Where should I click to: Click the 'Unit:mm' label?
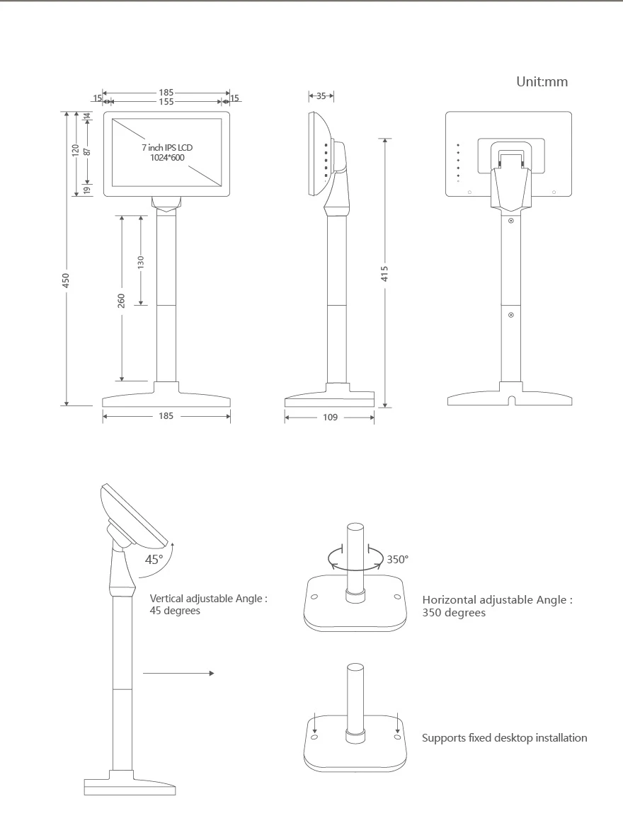(542, 82)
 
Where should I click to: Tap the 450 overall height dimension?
(66, 281)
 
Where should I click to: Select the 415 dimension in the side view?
(385, 274)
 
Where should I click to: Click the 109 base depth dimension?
(331, 417)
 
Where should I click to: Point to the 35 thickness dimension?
(321, 96)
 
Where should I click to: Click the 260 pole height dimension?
(122, 300)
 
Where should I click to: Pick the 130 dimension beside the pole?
(141, 262)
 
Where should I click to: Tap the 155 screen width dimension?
(166, 102)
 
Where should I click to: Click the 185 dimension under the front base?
(166, 416)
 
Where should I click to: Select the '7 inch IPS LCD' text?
(167, 147)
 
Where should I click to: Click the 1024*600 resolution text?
(167, 158)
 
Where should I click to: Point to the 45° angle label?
(154, 559)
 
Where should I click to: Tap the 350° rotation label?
(398, 559)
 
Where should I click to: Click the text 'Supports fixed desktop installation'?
(505, 738)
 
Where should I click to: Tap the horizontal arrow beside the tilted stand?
(178, 674)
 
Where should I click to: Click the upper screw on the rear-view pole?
(511, 221)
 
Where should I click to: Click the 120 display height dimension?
(76, 149)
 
